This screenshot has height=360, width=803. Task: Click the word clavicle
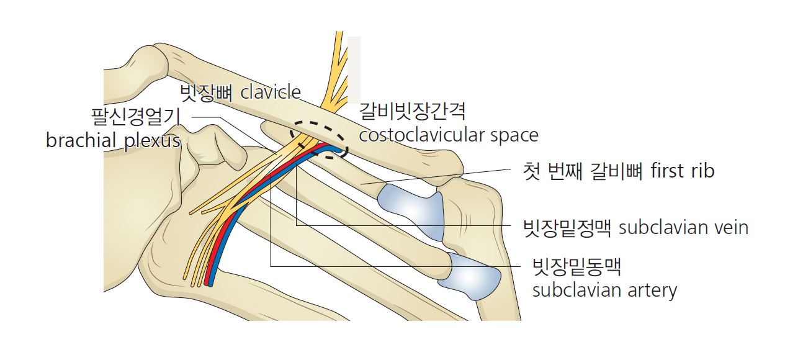(x=271, y=92)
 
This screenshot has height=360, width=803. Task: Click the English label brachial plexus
(x=114, y=140)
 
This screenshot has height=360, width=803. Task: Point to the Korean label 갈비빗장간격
(x=412, y=112)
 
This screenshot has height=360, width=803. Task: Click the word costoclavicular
(x=421, y=135)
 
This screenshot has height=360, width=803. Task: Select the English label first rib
(x=682, y=171)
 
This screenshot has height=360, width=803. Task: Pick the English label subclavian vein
(x=684, y=228)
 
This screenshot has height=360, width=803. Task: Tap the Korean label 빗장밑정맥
(x=567, y=228)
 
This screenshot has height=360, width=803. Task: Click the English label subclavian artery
(x=605, y=290)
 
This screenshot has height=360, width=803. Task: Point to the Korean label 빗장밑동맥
(x=576, y=267)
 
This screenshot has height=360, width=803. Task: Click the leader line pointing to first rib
(x=436, y=176)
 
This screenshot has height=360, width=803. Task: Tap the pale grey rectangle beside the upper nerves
(x=354, y=70)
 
